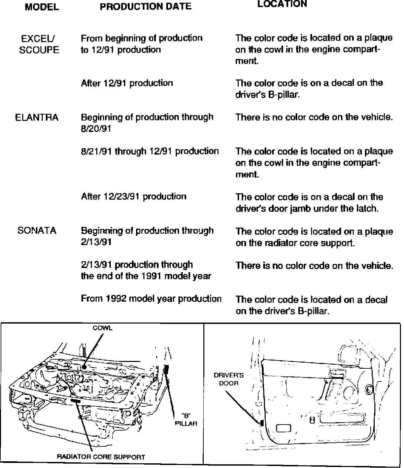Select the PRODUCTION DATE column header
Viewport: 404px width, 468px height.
click(x=146, y=7)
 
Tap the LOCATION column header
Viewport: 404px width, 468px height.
click(x=282, y=4)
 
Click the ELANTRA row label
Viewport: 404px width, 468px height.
click(x=37, y=118)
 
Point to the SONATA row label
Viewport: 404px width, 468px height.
click(x=37, y=231)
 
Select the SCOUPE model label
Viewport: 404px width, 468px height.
click(x=39, y=50)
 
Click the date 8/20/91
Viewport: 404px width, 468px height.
click(x=96, y=129)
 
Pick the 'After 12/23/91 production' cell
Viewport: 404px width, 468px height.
click(x=134, y=197)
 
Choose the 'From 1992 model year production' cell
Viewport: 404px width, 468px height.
click(x=151, y=299)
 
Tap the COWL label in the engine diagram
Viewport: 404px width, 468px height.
click(x=103, y=328)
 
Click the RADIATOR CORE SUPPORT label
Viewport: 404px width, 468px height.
click(x=101, y=457)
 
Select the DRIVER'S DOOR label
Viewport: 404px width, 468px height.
click(x=229, y=379)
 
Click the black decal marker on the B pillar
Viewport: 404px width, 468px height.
click(x=166, y=369)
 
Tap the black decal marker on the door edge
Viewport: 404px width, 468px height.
click(x=261, y=423)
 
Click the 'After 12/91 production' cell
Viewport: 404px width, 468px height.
click(x=127, y=83)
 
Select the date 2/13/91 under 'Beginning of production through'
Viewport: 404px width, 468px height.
click(x=96, y=242)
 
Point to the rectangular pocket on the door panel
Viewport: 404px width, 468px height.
click(x=283, y=428)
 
